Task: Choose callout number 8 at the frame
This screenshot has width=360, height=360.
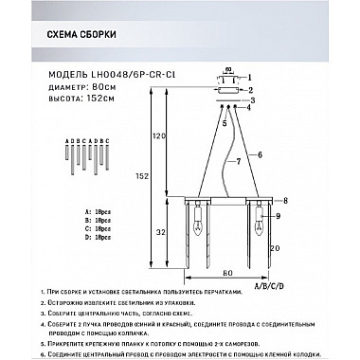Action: point(285,201)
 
